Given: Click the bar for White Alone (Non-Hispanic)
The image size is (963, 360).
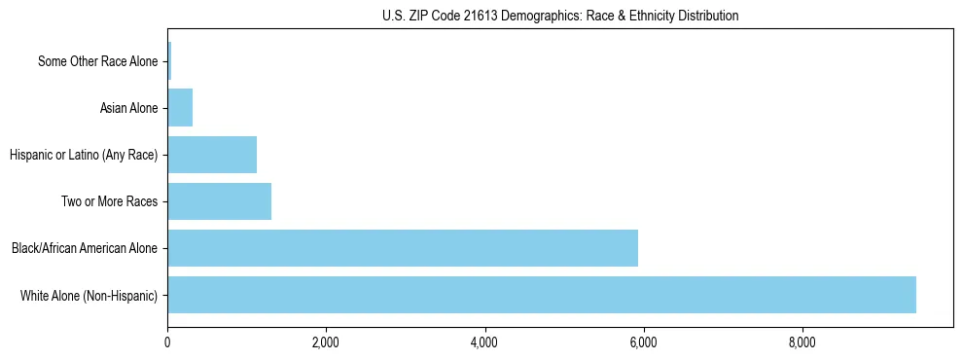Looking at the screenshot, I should tap(542, 295).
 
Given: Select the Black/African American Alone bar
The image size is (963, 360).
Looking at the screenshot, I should tap(403, 248).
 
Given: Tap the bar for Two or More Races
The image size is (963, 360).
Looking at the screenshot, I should tap(219, 201).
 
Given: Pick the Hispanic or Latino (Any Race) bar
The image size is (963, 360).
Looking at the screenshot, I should tap(212, 155).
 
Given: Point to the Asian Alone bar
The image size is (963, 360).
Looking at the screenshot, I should tap(180, 108).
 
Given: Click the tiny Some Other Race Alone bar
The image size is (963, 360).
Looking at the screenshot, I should tap(169, 61).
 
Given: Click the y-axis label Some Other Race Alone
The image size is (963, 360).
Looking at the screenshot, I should tap(97, 61).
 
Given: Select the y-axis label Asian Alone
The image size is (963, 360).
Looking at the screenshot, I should tap(128, 108).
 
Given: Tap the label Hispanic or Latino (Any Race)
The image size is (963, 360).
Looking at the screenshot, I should tap(83, 155).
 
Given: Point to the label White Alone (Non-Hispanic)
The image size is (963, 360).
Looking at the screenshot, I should tap(89, 295).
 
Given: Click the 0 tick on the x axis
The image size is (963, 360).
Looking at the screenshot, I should tap(167, 342).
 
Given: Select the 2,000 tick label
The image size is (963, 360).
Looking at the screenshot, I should tap(326, 342).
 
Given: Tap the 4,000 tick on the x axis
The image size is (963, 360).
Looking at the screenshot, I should tap(484, 342).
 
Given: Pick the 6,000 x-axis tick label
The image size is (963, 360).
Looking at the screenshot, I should tap(643, 342).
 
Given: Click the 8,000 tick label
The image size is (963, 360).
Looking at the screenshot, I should tap(802, 342).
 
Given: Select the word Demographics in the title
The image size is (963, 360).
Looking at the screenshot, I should tap(536, 16).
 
